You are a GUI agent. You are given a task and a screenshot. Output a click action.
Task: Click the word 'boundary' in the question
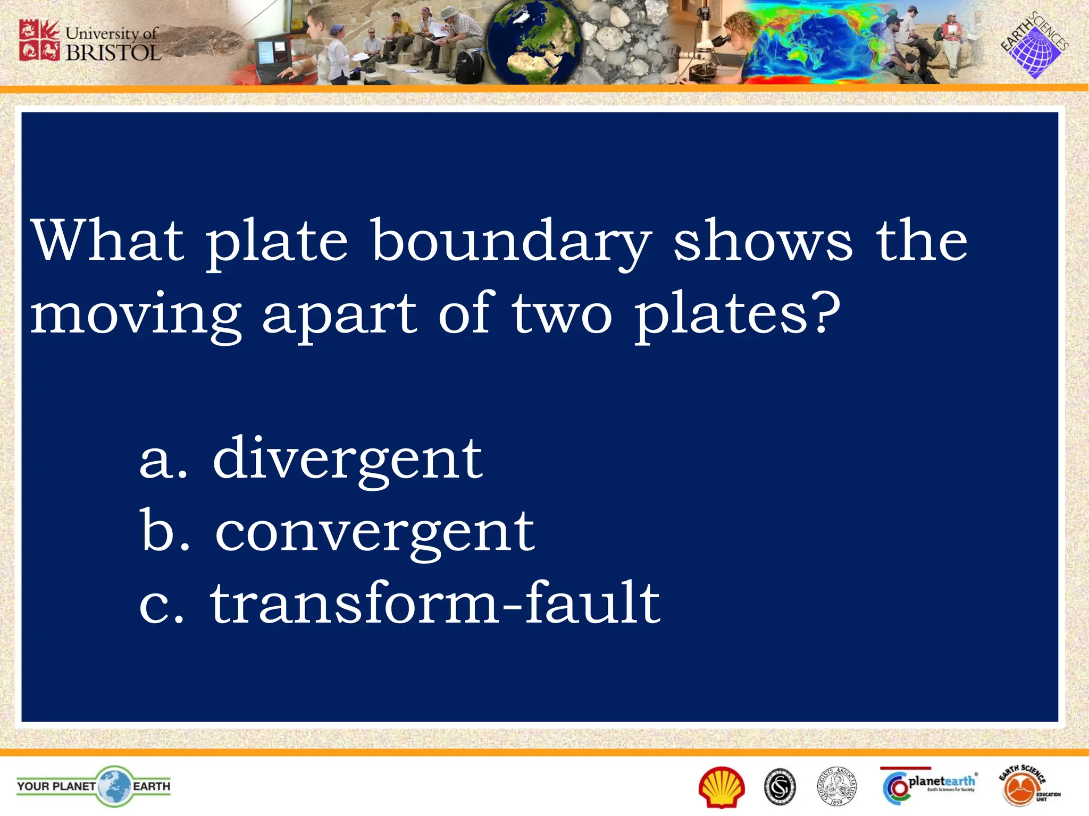pos(511,242)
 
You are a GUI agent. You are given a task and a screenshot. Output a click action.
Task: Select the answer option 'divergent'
pos(348,458)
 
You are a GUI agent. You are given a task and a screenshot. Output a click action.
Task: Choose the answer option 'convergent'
pos(375,531)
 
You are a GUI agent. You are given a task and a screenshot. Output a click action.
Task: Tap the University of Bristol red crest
pos(39,40)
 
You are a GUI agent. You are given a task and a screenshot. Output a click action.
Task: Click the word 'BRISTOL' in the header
pos(113,53)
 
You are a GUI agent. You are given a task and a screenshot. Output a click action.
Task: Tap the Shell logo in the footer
pos(722,787)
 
